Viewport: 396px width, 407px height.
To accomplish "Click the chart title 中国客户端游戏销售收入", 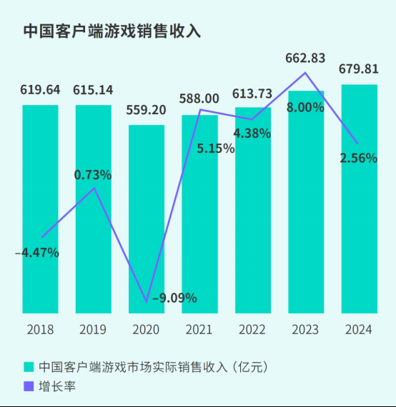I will (112, 31).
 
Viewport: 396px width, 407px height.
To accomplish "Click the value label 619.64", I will (40, 91).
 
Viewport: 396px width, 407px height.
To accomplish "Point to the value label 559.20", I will (147, 111).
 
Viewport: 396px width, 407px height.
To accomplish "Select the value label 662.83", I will (306, 58).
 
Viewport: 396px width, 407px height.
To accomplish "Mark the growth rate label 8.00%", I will (305, 107).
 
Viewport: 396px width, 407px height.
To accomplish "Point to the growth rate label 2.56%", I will (358, 159).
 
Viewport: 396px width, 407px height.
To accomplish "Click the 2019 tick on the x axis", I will (93, 329).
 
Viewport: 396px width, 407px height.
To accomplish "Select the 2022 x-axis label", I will (252, 329).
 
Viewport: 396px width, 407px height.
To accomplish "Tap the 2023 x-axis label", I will (306, 329).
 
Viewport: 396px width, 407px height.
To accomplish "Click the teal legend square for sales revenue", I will (29, 367).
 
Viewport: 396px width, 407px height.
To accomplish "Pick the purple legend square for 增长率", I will (29, 386).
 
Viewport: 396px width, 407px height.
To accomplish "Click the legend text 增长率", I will (58, 386).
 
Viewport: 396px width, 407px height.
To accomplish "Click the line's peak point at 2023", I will (306, 72).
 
